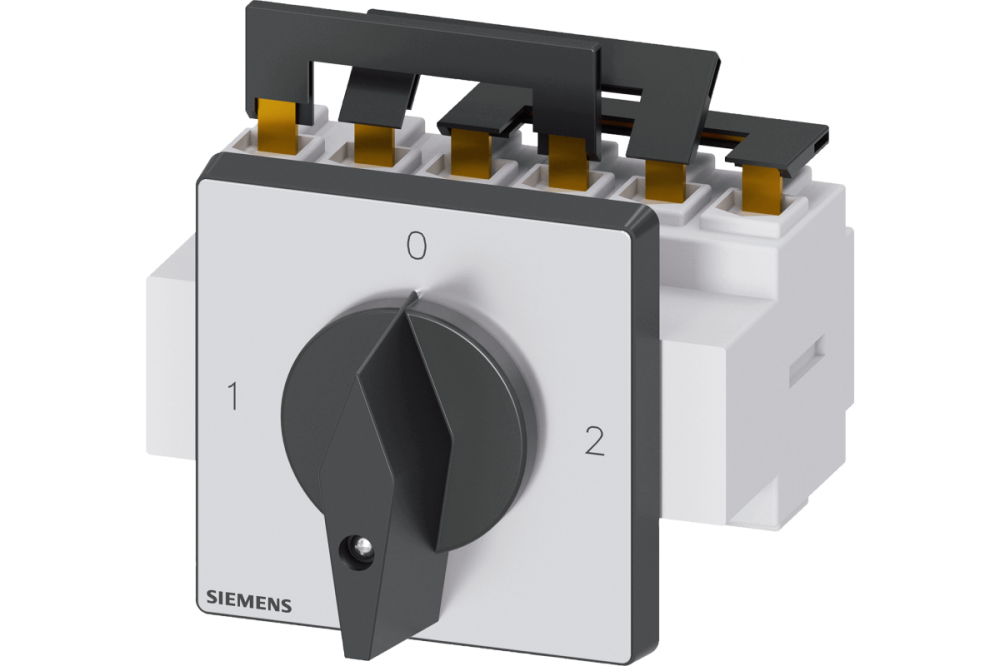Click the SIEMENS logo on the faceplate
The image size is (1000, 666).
(x=249, y=601)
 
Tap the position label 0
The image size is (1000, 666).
(x=416, y=246)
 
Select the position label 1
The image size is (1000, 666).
(x=233, y=396)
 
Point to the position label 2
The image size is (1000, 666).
(x=594, y=441)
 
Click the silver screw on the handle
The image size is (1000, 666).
(x=364, y=545)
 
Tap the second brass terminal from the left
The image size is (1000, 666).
(x=374, y=144)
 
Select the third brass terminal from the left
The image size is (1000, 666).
(x=471, y=152)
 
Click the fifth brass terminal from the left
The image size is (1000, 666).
(x=665, y=178)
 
